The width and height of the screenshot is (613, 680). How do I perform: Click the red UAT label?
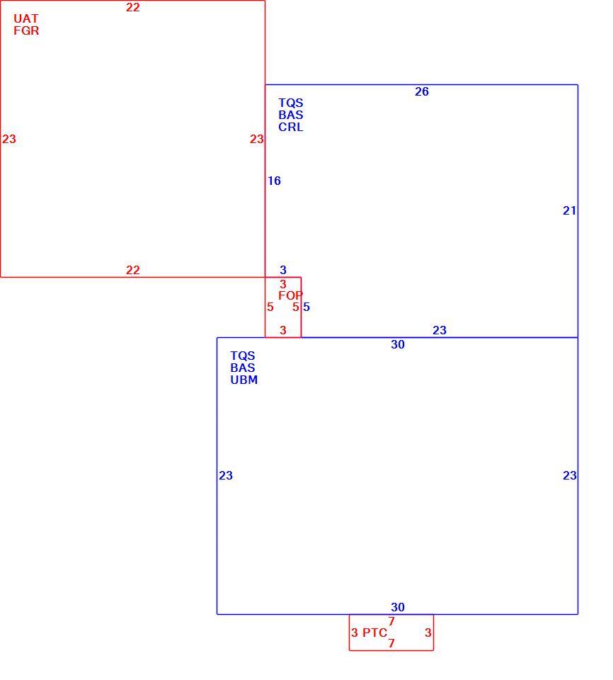click(x=26, y=18)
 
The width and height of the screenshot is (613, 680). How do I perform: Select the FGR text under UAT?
click(x=26, y=30)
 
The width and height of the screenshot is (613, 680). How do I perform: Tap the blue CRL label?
click(x=291, y=127)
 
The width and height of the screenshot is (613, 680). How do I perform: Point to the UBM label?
click(x=244, y=380)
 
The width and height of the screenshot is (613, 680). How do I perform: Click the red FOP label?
click(x=290, y=296)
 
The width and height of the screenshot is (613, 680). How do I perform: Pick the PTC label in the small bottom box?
click(x=374, y=633)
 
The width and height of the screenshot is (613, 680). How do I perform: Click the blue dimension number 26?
click(x=422, y=91)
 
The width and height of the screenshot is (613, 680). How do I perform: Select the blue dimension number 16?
click(x=274, y=181)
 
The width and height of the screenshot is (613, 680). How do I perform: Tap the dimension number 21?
click(x=569, y=211)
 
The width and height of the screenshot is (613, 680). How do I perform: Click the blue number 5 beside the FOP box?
click(x=306, y=307)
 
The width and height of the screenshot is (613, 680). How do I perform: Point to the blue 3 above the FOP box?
click(x=283, y=270)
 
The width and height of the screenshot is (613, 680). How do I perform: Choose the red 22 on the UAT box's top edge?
click(x=133, y=7)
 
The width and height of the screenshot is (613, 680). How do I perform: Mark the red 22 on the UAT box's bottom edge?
click(x=133, y=270)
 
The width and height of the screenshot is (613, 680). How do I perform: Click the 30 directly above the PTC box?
click(x=398, y=607)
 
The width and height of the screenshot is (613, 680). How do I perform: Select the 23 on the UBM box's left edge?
click(x=226, y=476)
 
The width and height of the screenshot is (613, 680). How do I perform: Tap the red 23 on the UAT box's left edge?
click(x=9, y=139)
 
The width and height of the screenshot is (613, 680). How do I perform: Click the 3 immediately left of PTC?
click(x=355, y=633)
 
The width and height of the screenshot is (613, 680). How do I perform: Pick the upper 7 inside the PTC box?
click(x=391, y=621)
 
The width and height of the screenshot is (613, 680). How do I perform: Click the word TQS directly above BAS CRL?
click(x=291, y=103)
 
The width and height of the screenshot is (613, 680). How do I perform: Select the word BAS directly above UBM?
click(x=243, y=368)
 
